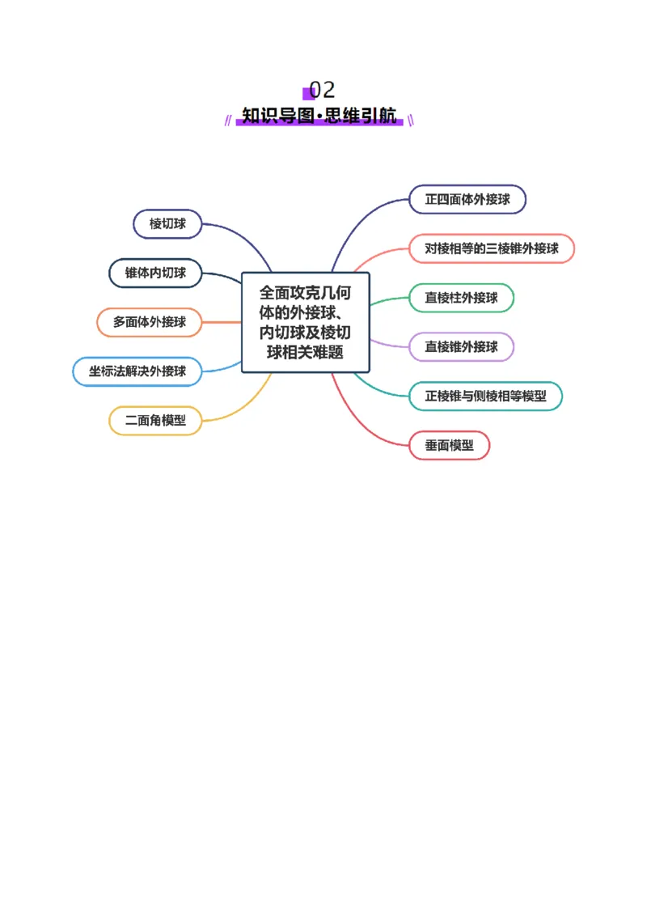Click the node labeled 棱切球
click(x=167, y=224)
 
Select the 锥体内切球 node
click(x=155, y=273)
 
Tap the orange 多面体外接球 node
click(x=150, y=322)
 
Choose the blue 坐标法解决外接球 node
click(x=137, y=371)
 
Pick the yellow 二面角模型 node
click(x=155, y=421)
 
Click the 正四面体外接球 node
click(x=467, y=199)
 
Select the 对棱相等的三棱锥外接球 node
click(x=491, y=248)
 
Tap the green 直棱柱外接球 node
click(x=461, y=298)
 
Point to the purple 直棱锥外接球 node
click(x=461, y=347)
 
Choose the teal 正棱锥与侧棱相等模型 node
click(x=485, y=397)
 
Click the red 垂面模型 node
click(x=449, y=445)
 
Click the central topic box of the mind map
click(x=306, y=322)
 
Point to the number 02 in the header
click(x=322, y=89)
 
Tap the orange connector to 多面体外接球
click(x=222, y=322)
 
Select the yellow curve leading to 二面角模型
click(x=243, y=405)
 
